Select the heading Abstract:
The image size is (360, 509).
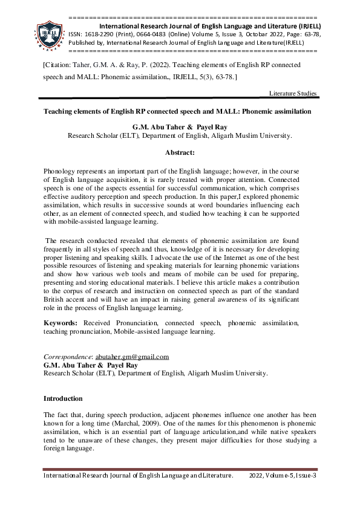tap(180, 154)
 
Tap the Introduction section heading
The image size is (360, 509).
tap(63, 399)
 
